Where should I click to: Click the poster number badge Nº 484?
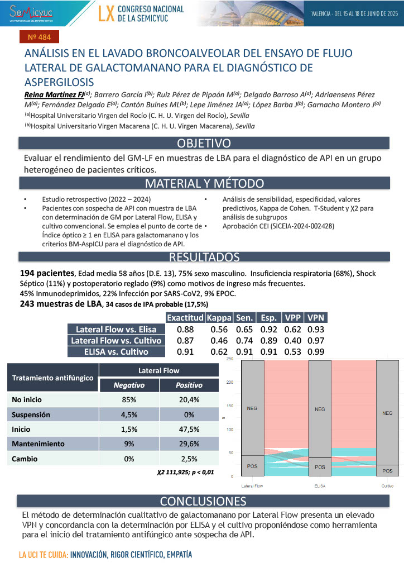[39, 38]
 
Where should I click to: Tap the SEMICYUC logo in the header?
[32, 12]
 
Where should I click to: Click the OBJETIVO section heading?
[203, 144]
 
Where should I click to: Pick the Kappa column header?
[219, 318]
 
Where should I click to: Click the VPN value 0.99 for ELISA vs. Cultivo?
[316, 352]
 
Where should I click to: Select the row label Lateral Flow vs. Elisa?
[116, 330]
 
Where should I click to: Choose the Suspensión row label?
[31, 415]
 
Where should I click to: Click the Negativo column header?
[129, 385]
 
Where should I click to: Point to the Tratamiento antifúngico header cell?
[53, 378]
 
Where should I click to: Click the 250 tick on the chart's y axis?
[229, 359]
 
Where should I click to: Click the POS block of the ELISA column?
[320, 466]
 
